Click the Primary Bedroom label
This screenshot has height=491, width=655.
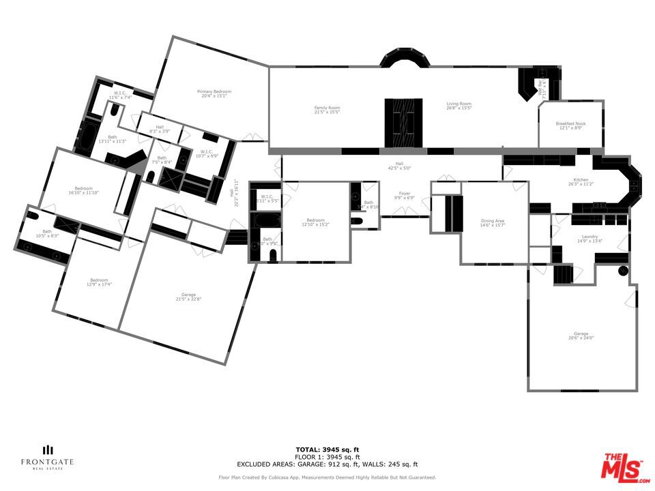pos(214,93)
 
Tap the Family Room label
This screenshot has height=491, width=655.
pos(327,109)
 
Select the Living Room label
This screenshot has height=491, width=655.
pos(458,106)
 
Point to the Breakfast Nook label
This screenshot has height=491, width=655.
pos(570,125)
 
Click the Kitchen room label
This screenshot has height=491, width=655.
pos(581,182)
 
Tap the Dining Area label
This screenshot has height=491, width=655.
pos(491,223)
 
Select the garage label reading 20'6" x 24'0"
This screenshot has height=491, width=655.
pos(581,336)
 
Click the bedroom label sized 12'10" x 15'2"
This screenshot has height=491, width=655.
pos(315,222)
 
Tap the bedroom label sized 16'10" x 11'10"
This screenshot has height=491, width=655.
pos(84,190)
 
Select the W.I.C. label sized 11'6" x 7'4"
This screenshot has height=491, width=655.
pos(119,95)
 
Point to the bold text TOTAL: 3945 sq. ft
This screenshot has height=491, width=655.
pos(327,450)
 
